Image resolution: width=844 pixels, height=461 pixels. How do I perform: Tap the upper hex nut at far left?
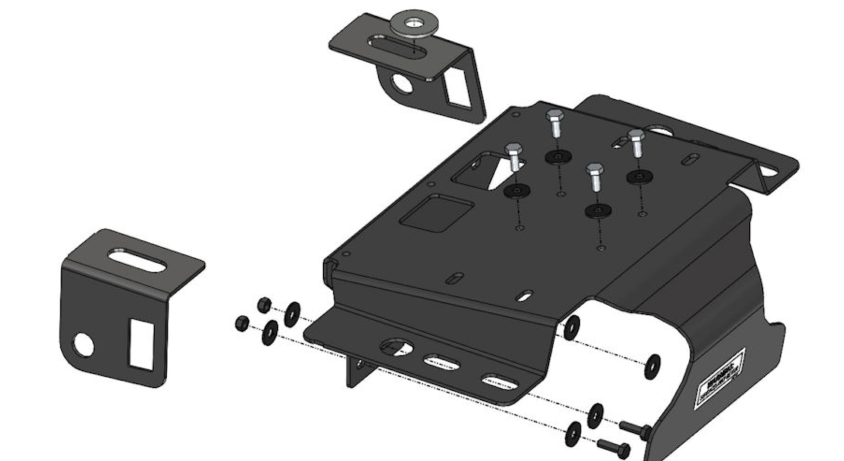click(264, 304)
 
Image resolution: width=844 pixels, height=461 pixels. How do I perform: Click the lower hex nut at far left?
click(242, 323)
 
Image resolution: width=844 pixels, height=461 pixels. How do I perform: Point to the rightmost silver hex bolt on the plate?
click(636, 143)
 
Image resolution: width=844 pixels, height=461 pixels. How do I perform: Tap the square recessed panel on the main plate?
click(437, 213)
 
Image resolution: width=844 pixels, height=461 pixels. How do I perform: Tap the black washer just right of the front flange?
click(572, 327)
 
